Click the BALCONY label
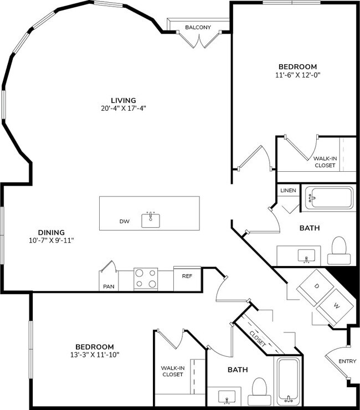coord(198,27)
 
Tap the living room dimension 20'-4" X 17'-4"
coord(123,109)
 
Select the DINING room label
coord(51,232)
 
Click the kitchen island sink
coord(150,220)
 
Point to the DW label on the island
coord(125,222)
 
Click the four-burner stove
coord(146,278)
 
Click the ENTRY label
coord(348,361)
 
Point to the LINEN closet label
coord(288,191)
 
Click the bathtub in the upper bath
coord(330,197)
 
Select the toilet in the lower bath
coord(259,390)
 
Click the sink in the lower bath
coord(227,397)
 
